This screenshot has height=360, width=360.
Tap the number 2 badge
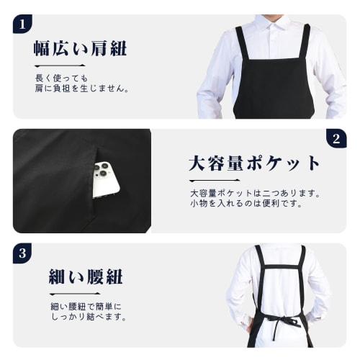pyautogui.click(x=336, y=139)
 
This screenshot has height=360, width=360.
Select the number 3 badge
pyautogui.click(x=23, y=253)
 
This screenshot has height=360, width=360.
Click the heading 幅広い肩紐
pyautogui.click(x=80, y=49)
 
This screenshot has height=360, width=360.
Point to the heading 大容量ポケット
pyautogui.click(x=254, y=163)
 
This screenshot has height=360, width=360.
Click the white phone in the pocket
pyautogui.click(x=105, y=179)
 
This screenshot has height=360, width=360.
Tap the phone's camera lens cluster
pyautogui.click(x=102, y=171)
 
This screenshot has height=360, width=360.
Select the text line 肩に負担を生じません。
pyautogui.click(x=81, y=89)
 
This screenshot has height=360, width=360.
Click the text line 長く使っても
pyautogui.click(x=60, y=78)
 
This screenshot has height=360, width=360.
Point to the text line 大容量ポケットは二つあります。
pyautogui.click(x=254, y=193)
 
